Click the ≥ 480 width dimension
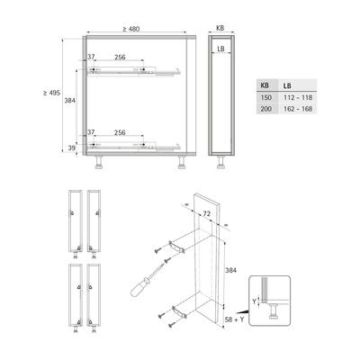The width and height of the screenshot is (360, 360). coord(131,29)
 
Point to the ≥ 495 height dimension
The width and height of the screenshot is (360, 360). coord(51,93)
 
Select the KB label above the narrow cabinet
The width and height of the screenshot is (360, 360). coord(220,28)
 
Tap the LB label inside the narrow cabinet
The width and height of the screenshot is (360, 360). coord(220,49)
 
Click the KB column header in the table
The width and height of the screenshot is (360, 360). coord(265,85)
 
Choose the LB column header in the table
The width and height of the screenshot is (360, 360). coord(287,85)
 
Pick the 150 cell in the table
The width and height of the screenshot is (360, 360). coord(266,97)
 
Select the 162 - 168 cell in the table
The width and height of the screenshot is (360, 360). coord(298,109)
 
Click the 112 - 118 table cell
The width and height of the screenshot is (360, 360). coord(298,97)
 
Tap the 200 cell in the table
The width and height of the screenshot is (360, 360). coord(266,109)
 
